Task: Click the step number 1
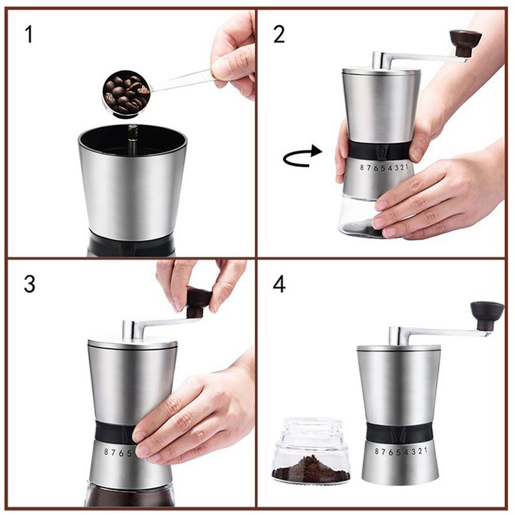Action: point(29,35)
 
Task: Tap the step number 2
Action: point(279,35)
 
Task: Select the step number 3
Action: point(30,284)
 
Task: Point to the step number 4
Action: point(279,284)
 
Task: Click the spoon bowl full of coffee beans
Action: point(126,94)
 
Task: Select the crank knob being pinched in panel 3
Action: point(198,302)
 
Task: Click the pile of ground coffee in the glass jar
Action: point(311,469)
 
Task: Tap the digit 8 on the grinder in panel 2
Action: point(362,168)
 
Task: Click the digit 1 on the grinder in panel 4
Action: point(426,449)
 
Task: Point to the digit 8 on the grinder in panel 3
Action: point(106,452)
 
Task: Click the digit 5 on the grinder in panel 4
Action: point(398,453)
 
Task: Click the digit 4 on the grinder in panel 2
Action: point(390,168)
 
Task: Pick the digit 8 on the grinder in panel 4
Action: point(377,452)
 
